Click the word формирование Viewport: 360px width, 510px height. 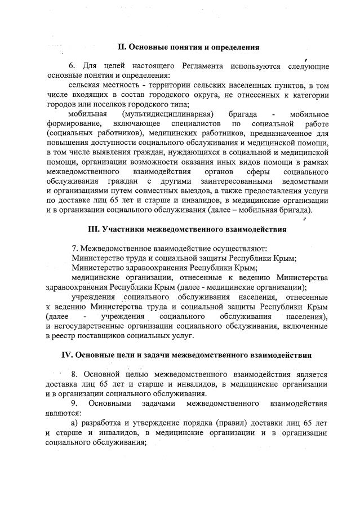[x=74, y=123]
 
